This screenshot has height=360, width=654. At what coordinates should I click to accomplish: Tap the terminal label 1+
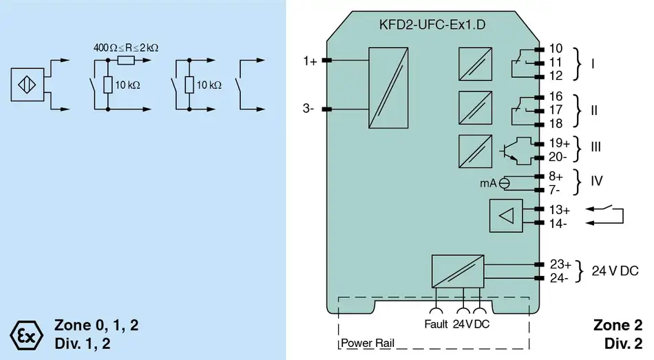coord(310,61)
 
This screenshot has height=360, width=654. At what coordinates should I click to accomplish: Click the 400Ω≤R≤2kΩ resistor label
coord(126,48)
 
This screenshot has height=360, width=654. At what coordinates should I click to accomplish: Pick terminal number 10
coord(556,49)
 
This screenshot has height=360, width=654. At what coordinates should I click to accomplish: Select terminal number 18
coord(556,123)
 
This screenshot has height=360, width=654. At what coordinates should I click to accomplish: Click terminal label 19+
coord(559,143)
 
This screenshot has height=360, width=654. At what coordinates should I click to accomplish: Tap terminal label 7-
coord(555,189)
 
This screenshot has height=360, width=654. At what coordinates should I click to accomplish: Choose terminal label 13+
coord(559,209)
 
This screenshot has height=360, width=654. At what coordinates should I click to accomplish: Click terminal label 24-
coord(559,278)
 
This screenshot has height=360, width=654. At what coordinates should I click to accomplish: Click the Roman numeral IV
coord(597,181)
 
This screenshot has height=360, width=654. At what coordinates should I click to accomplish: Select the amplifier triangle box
coord(506,215)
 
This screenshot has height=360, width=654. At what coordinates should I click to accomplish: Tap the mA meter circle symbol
coord(505,182)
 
